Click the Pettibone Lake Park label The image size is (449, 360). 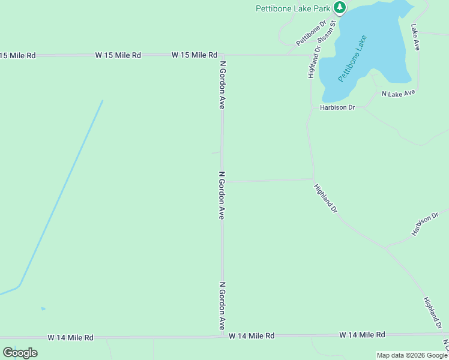coord(293,8)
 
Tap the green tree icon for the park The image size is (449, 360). coord(340,7)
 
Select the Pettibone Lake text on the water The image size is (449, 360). coord(352,58)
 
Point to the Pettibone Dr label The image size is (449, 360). coord(311,33)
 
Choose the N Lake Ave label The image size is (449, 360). coord(399,94)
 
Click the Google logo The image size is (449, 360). coord(20,352)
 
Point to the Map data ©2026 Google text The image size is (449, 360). coord(412,355)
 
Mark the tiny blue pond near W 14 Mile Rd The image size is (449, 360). coord(43,309)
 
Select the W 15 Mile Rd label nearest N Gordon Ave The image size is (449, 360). coord(194,55)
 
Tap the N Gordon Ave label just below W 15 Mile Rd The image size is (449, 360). coord(222,84)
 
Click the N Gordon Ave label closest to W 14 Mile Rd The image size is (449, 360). coord(221,305)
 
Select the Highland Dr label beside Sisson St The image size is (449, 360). coord(313,61)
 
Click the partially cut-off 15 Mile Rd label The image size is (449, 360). coord(18,55)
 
